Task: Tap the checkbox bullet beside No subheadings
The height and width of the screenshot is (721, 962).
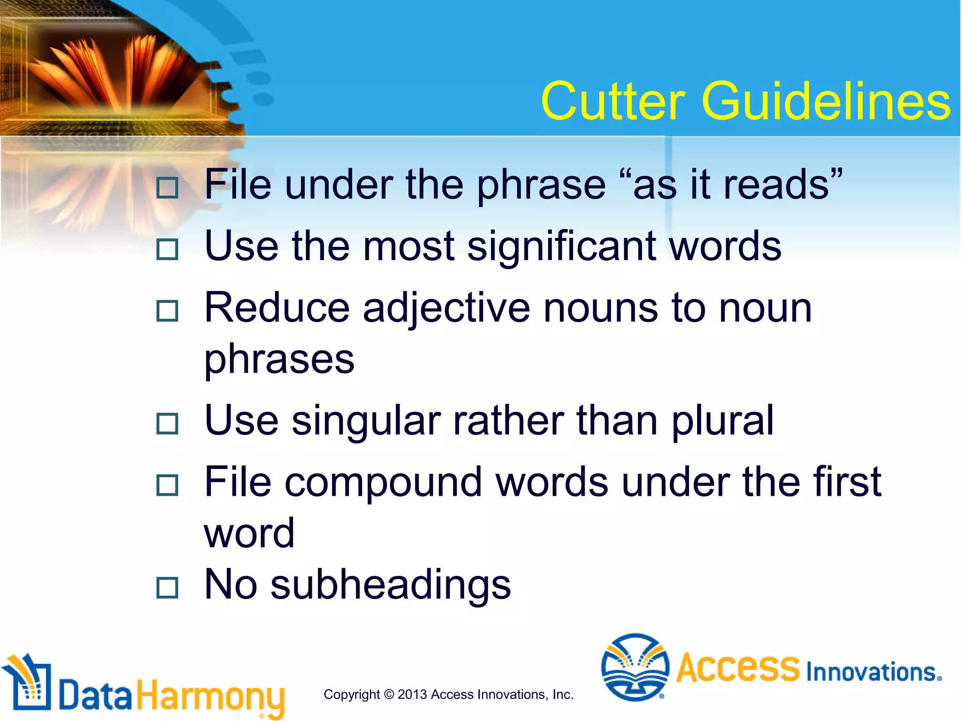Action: pos(167,588)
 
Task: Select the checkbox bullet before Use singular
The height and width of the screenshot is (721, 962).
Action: pos(167,423)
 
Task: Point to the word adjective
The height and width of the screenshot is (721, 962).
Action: pos(446,309)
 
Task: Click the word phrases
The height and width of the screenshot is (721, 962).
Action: pos(279,360)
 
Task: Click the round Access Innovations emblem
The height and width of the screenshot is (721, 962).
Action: pos(635,667)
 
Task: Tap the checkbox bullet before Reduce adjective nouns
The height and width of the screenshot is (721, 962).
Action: pos(167,311)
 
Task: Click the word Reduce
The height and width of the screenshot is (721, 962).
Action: pos(277,309)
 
